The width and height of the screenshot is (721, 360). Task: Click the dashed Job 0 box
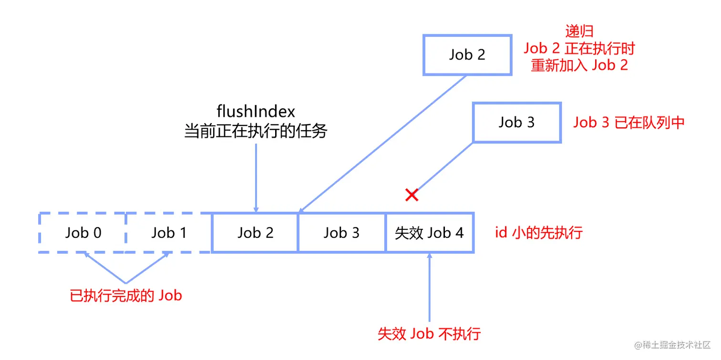pos(83,233)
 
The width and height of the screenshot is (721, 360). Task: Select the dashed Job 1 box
pos(169,233)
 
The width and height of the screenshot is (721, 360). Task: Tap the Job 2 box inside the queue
pos(255,233)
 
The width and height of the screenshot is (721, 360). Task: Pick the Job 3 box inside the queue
pos(341,233)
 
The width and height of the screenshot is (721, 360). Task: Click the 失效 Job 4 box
pos(429,233)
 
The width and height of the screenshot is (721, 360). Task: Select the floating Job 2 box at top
pos(467,54)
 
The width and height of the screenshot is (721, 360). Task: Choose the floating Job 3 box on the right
pos(516,123)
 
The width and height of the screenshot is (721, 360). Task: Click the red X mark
pos(412,195)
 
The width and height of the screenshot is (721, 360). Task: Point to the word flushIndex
pos(256,111)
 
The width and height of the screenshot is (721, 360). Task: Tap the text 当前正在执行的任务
pos(256,131)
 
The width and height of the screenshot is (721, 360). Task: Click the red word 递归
pos(579,31)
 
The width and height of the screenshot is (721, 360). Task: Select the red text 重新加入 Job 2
pos(579,65)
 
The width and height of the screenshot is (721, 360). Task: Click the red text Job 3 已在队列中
pos(629,123)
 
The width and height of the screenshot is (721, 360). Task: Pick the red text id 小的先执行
pos(539,233)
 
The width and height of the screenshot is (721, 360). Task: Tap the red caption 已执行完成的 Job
pos(126,296)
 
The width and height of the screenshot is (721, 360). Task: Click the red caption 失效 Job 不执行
pos(429,333)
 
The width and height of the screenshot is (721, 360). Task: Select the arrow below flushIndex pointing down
pos(256,176)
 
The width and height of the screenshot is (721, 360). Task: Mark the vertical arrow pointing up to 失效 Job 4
pos(430,286)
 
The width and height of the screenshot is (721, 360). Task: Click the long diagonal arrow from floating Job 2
pos(381,143)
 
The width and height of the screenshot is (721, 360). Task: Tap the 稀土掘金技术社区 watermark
pos(672,344)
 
